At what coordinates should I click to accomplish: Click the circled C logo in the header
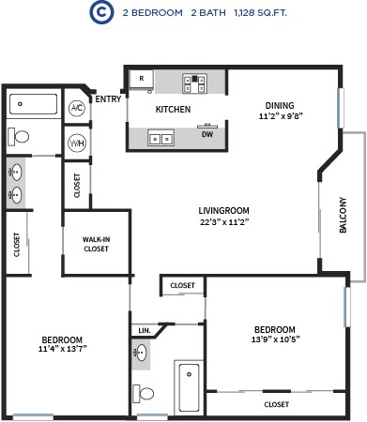pos(97,12)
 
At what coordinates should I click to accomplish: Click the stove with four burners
pos(198,83)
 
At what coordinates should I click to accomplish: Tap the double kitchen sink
pos(160,139)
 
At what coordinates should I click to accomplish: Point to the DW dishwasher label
pos(206,134)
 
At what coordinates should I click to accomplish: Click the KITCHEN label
pos(173,110)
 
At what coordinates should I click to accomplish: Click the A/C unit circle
pos(77,109)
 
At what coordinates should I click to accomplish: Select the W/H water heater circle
pos(77,143)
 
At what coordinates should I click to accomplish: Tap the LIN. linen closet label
pos(144,331)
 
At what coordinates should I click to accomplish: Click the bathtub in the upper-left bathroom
pos(34,105)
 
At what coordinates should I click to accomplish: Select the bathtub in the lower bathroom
pos(190,384)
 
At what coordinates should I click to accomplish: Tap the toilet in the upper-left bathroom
pos(20,137)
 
